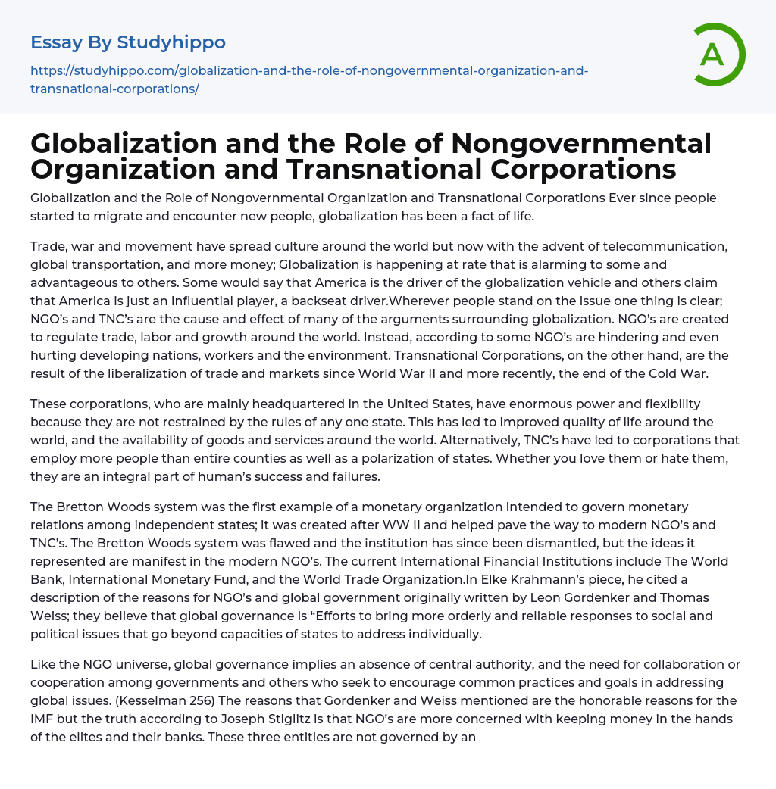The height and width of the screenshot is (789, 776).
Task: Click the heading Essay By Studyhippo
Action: click(x=128, y=42)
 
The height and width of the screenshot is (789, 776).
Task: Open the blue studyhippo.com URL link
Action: click(x=309, y=80)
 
